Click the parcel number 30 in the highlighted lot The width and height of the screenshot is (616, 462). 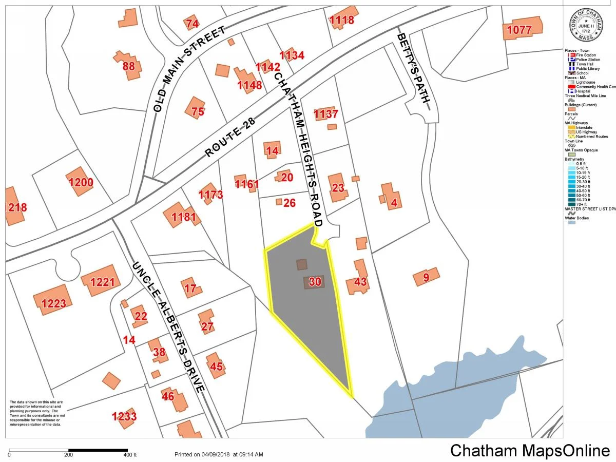pyautogui.click(x=315, y=281)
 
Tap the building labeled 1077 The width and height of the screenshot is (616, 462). pyautogui.click(x=522, y=29)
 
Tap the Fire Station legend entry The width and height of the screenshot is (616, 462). pyautogui.click(x=585, y=55)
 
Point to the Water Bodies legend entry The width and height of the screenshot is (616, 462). pyautogui.click(x=577, y=218)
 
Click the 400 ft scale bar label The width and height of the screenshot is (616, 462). pyautogui.click(x=130, y=455)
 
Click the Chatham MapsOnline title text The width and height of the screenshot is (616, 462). pyautogui.click(x=530, y=450)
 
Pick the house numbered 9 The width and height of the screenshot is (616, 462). pyautogui.click(x=426, y=278)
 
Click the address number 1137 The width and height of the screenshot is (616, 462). pyautogui.click(x=326, y=113)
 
